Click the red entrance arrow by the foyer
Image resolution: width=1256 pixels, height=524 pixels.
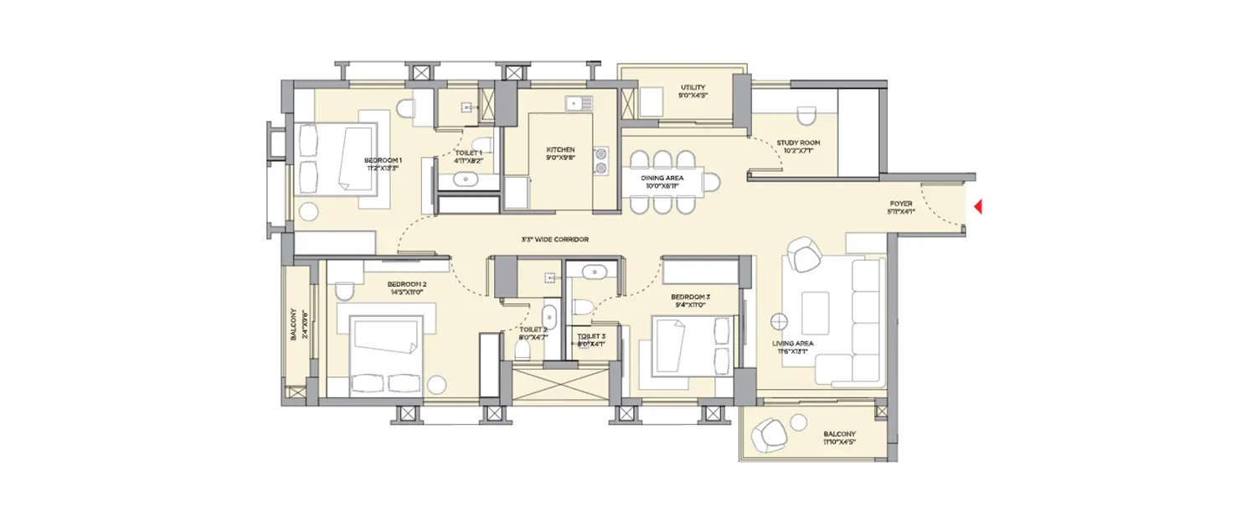click(975, 206)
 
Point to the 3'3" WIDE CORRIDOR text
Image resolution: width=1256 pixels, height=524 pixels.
click(554, 240)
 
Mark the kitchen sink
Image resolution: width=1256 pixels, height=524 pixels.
click(578, 104)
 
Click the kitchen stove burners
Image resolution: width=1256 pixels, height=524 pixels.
click(601, 160)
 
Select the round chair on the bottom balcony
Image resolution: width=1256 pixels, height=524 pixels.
click(769, 434)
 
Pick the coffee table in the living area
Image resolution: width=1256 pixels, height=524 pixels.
click(816, 313)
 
